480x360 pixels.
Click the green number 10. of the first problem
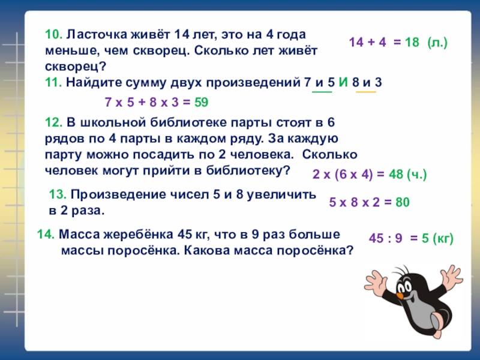53,35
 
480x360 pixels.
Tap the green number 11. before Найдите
54,83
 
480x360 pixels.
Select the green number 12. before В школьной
55,123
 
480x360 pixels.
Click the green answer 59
200,103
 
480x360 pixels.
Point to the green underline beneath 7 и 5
321,92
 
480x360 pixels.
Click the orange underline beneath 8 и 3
366,92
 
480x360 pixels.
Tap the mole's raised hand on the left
376,282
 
